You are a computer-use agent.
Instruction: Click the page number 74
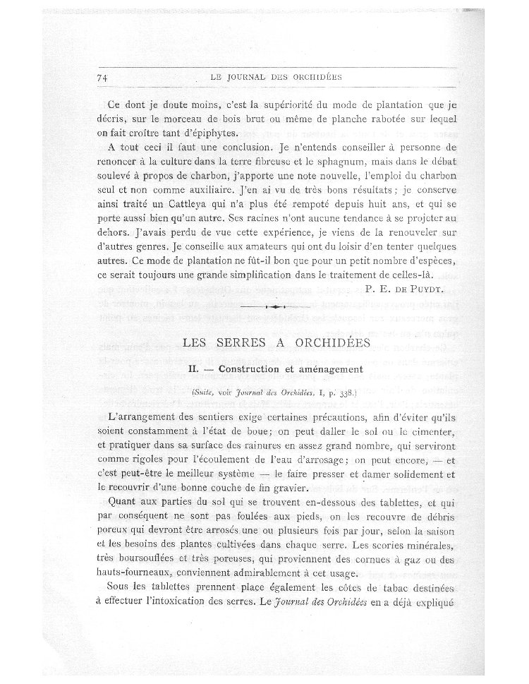pyautogui.click(x=99, y=78)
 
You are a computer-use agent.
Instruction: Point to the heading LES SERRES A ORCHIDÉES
pyautogui.click(x=276, y=344)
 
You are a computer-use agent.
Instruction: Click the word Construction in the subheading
pyautogui.click(x=249, y=368)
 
